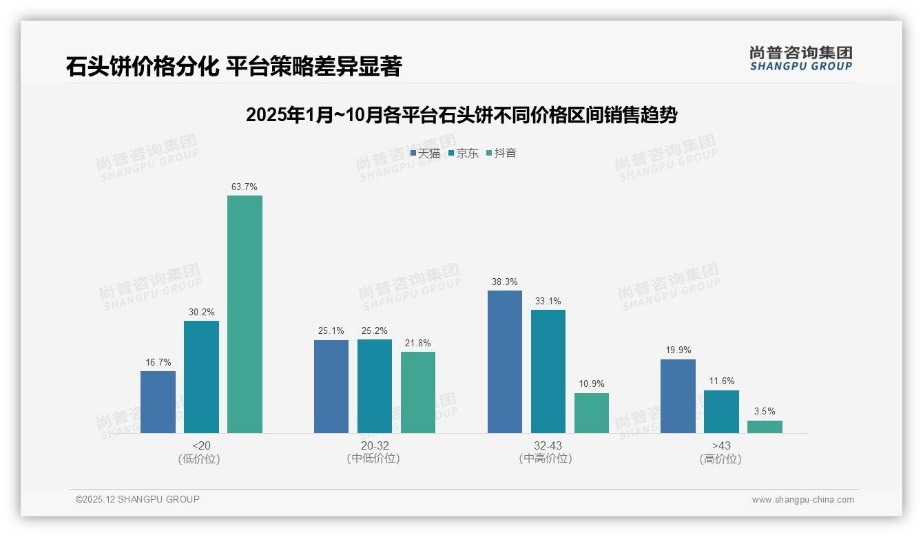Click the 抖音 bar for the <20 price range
click(245, 314)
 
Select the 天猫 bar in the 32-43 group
click(505, 361)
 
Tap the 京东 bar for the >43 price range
click(721, 412)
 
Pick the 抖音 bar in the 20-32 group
click(418, 392)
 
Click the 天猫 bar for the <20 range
click(158, 402)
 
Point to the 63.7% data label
click(245, 187)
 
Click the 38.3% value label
click(505, 282)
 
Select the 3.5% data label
click(765, 411)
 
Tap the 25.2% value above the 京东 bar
click(375, 330)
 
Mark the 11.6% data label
click(721, 381)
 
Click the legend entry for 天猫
click(425, 153)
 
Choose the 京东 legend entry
click(464, 153)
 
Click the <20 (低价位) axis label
click(201, 452)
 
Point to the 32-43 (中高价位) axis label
click(548, 452)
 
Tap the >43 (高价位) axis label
click(721, 452)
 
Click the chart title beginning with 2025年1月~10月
click(461, 115)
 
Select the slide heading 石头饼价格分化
click(234, 67)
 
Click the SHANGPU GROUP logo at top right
click(800, 59)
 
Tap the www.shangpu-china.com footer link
click(802, 500)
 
